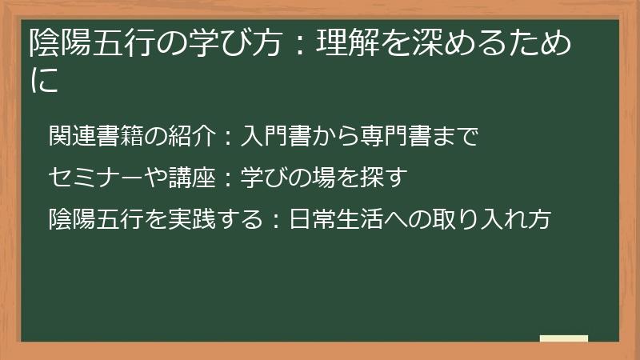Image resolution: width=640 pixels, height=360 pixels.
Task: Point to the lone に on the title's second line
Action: tap(44, 81)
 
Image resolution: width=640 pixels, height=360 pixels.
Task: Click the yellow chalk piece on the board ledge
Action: tap(564, 338)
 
